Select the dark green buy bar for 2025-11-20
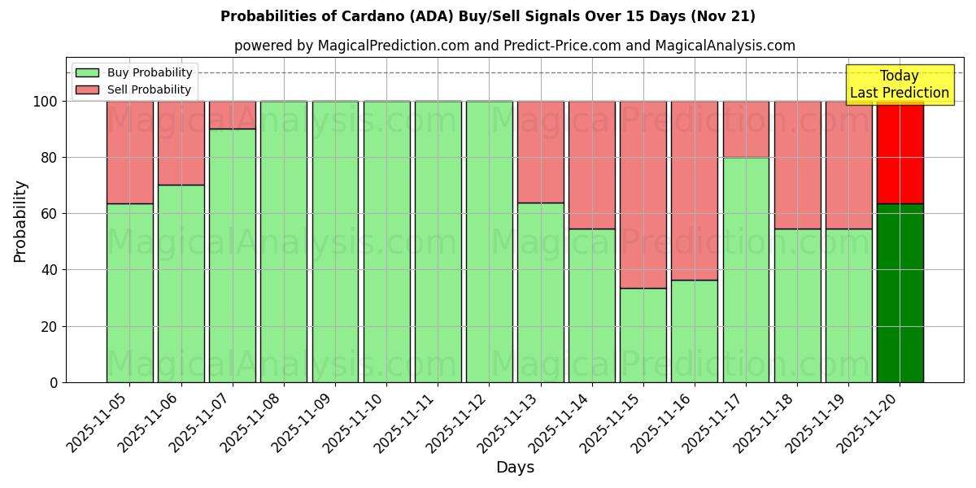[900, 293]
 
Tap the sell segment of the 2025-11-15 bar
[643, 194]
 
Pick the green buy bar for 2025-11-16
[695, 331]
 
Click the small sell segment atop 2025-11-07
[233, 115]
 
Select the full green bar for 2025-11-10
[386, 242]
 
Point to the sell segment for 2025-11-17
[746, 129]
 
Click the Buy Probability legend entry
[134, 72]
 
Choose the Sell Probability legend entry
[134, 89]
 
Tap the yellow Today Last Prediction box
[900, 85]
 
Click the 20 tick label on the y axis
[51, 327]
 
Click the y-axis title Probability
[20, 220]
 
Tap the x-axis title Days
[515, 468]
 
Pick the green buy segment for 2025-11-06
[181, 283]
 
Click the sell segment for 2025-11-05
[129, 152]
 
